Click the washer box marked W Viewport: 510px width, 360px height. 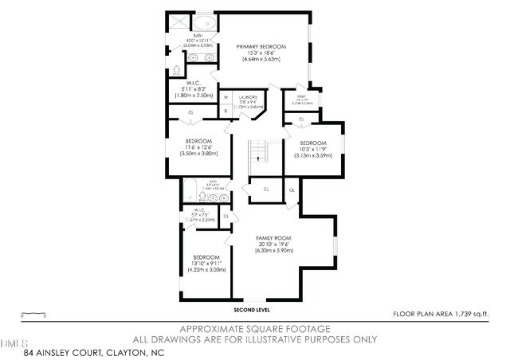click(x=226, y=98)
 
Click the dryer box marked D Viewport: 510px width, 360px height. click(x=226, y=111)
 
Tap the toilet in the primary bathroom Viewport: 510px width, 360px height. click(x=177, y=70)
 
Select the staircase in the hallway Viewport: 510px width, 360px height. click(x=257, y=151)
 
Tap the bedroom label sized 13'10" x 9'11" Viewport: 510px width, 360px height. click(x=206, y=264)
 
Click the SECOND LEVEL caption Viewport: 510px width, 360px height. click(x=252, y=309)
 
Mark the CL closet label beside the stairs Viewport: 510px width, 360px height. click(x=265, y=190)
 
